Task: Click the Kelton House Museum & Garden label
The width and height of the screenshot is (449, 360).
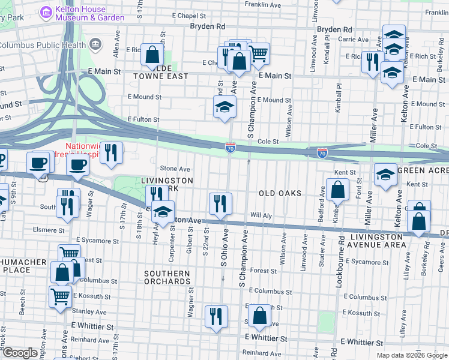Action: (89, 13)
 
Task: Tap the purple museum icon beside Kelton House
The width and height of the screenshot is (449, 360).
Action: (46, 12)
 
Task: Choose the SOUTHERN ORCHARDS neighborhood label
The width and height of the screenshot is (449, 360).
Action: (167, 278)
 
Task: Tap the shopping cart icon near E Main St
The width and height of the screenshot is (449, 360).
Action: (258, 53)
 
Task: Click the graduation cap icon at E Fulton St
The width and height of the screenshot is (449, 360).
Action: (225, 107)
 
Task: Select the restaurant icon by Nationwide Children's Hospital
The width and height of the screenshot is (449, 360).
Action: (111, 152)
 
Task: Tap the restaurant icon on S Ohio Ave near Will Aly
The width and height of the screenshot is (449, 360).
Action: (220, 203)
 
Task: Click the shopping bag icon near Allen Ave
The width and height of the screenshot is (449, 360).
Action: (153, 54)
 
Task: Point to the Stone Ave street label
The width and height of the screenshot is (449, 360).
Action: (175, 169)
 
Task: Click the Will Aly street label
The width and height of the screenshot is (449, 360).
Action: (261, 214)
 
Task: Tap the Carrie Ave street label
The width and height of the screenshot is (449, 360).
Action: (354, 39)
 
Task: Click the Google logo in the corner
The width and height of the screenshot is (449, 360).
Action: (20, 353)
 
